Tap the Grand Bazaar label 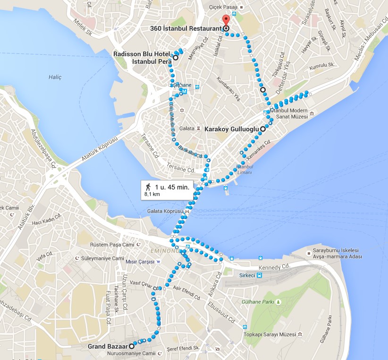(108, 346)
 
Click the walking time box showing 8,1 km (167, 189)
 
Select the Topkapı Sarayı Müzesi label (270, 334)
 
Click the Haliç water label (55, 77)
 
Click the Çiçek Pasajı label (223, 8)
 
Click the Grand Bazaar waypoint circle (132, 346)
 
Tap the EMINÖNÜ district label (164, 250)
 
